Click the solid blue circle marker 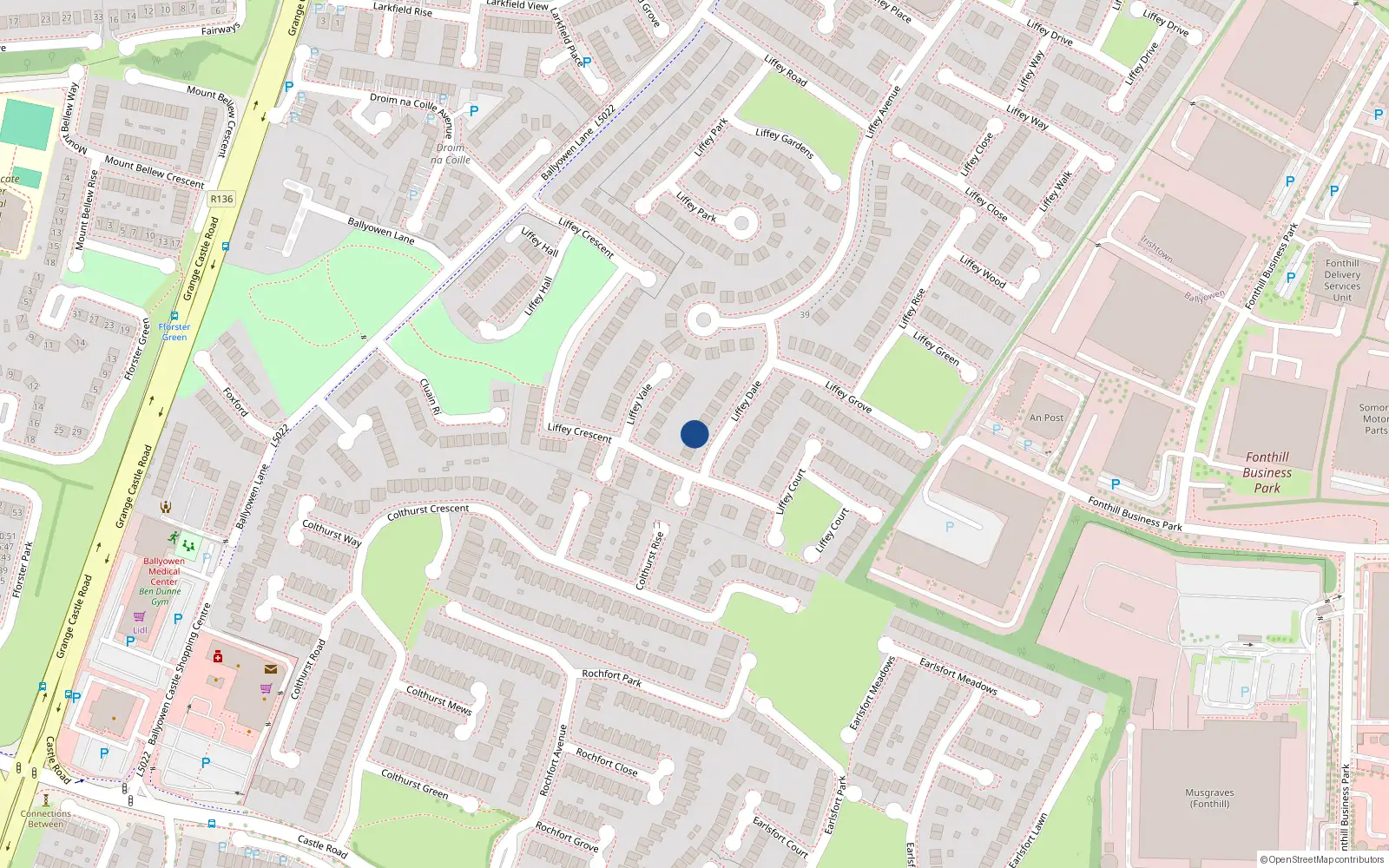[x=694, y=434]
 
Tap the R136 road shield [x=221, y=199]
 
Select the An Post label [x=1046, y=418]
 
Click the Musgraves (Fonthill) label [x=1209, y=798]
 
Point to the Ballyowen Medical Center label [x=163, y=571]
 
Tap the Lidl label [x=140, y=630]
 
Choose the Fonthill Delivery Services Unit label [x=1342, y=280]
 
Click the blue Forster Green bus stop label [x=174, y=332]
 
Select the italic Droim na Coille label [x=451, y=154]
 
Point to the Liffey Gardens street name [x=785, y=143]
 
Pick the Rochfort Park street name [x=612, y=678]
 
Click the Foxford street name [x=235, y=402]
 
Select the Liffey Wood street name [x=983, y=272]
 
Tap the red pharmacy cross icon [x=217, y=656]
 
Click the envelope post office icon [x=271, y=669]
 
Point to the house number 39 [x=805, y=314]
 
